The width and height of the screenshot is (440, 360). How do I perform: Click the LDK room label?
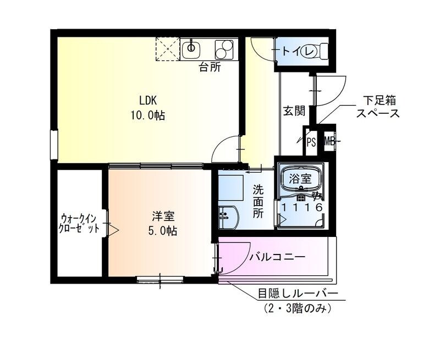[148, 101]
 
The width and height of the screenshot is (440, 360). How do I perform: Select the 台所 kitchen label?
[210, 68]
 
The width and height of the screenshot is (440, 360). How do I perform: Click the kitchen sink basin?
[191, 48]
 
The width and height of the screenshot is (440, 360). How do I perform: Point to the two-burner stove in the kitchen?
[224, 49]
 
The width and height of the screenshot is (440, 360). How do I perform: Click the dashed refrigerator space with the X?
[167, 48]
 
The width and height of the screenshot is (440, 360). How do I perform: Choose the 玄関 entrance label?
[294, 111]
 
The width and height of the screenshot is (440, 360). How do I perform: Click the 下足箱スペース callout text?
[377, 107]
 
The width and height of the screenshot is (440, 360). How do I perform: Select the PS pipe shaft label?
[311, 142]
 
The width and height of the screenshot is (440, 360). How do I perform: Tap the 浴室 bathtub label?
[301, 179]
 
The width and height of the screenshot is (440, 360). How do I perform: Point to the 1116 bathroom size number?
[301, 207]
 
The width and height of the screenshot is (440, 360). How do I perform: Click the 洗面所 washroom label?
[258, 202]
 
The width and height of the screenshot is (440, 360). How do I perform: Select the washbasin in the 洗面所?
[227, 217]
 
